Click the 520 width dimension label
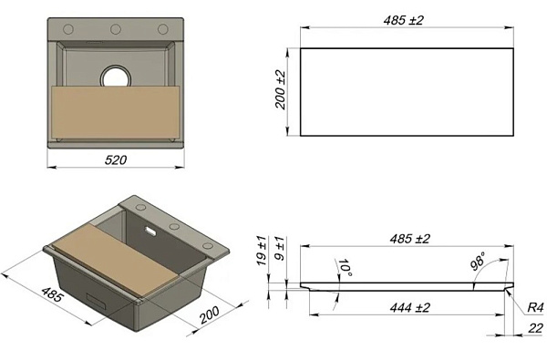[116, 160]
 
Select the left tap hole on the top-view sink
[68, 29]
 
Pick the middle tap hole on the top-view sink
[116, 29]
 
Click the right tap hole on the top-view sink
[163, 29]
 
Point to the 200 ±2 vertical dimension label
[281, 90]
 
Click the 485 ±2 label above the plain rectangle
[403, 20]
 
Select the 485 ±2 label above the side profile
[410, 239]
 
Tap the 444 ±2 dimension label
[410, 308]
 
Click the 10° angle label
[345, 268]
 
